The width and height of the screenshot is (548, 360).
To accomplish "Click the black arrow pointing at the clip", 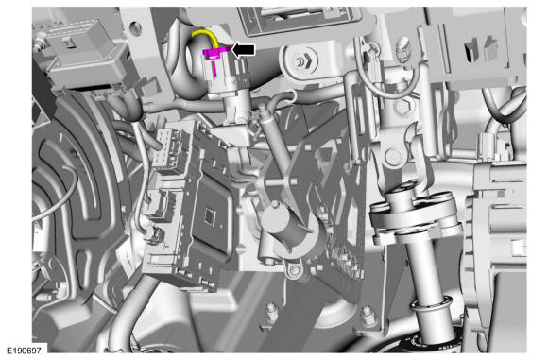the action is point(244,50).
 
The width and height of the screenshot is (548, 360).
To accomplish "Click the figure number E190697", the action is point(24,351).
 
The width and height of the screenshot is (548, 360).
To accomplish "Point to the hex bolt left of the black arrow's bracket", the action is point(300,61).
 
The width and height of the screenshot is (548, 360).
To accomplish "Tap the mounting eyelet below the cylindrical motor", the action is point(295,270).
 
